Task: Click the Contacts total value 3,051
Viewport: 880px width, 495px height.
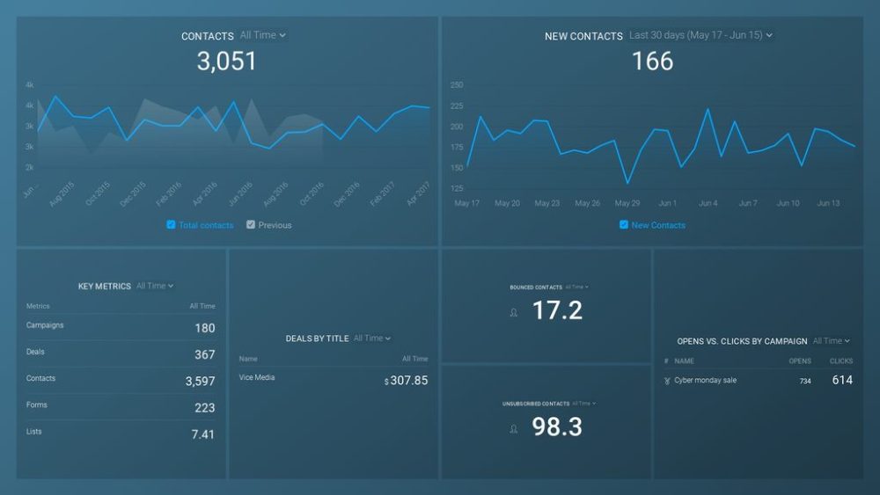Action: click(x=226, y=61)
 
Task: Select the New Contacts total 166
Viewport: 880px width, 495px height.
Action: click(x=652, y=61)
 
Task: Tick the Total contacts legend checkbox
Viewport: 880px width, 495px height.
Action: click(x=171, y=225)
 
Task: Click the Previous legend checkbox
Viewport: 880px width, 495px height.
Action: click(x=251, y=225)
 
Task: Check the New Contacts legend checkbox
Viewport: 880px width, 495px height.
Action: click(x=624, y=225)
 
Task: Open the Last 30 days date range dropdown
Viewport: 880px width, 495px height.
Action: click(x=700, y=36)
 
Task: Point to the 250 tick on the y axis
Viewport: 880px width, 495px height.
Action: click(x=457, y=85)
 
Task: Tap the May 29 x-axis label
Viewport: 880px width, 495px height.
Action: click(x=627, y=203)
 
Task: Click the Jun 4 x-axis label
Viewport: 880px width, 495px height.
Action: click(x=708, y=203)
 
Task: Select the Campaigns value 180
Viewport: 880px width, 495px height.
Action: click(x=204, y=328)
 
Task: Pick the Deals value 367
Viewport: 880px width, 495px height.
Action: click(x=204, y=354)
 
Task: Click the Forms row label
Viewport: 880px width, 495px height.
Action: click(x=37, y=405)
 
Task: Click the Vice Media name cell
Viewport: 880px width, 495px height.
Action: click(x=257, y=377)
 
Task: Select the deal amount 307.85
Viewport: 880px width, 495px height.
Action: click(x=408, y=381)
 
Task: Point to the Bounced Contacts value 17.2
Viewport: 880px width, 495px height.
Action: click(x=557, y=310)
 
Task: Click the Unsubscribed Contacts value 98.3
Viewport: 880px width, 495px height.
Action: click(x=557, y=427)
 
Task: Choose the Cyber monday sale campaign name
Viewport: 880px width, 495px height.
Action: click(x=705, y=381)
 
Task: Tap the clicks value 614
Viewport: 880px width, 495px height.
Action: click(x=842, y=380)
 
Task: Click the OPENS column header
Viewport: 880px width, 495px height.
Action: click(x=800, y=361)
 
